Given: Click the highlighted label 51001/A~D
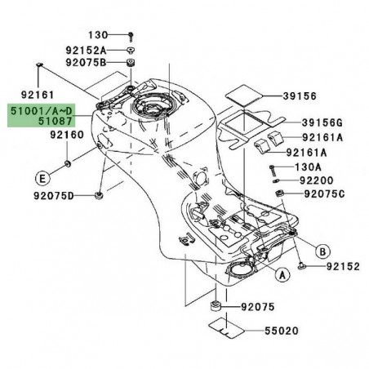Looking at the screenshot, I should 47,106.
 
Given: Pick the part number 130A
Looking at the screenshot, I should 313,164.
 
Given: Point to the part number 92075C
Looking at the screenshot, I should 327,195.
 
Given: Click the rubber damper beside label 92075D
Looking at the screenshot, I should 99,195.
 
